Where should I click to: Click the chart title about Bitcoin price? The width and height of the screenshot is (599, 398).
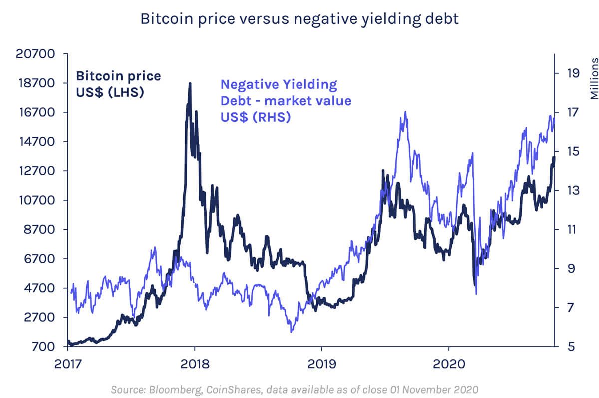click(299, 19)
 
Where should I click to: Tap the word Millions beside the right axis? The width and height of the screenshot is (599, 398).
click(594, 78)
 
